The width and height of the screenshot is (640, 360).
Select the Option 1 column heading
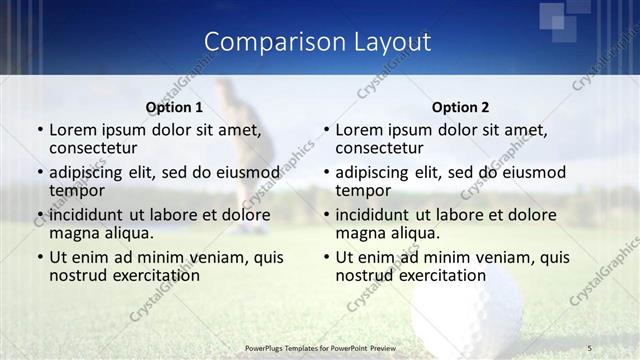(x=174, y=107)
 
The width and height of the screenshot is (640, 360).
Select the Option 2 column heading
(x=460, y=107)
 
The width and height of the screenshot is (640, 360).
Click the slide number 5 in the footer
(x=590, y=347)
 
